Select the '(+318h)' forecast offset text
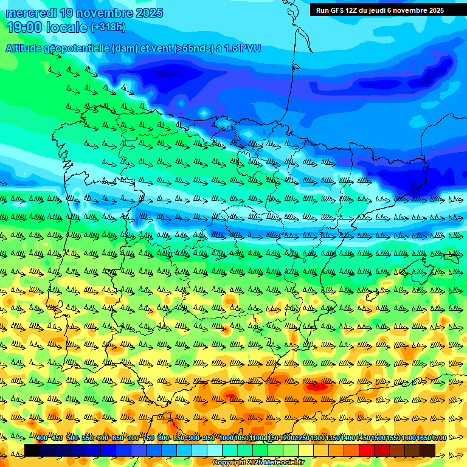click(x=108, y=27)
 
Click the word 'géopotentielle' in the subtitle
click(x=77, y=48)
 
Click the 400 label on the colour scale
click(x=41, y=438)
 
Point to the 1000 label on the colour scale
click(x=226, y=438)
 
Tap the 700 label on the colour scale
click(x=133, y=438)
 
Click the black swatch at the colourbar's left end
click(x=32, y=450)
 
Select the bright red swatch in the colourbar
click(x=367, y=450)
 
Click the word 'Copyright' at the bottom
click(x=229, y=463)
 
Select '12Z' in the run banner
click(x=355, y=10)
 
